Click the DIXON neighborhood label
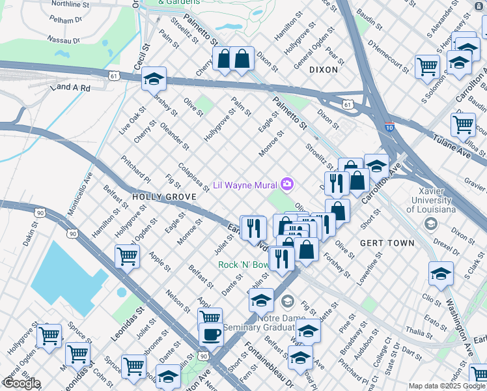(x=324, y=69)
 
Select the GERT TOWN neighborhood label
(x=387, y=243)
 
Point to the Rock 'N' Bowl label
(x=242, y=265)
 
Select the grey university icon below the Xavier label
(x=430, y=224)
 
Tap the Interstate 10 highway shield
(x=389, y=127)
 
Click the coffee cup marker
(x=212, y=335)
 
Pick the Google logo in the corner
(x=21, y=383)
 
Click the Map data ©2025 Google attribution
(x=447, y=386)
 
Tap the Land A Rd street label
(x=72, y=87)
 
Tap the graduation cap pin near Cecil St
(x=154, y=79)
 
